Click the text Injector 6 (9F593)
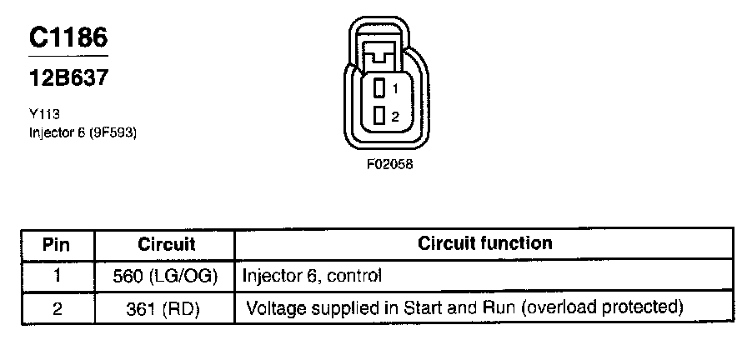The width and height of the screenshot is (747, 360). tap(81, 131)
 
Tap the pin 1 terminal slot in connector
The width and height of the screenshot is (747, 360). tap(379, 87)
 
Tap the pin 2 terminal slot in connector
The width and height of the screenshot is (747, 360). tap(379, 116)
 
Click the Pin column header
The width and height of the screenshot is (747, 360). tap(56, 245)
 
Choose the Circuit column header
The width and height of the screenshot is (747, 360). tap(166, 245)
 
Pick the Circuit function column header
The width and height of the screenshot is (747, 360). tap(484, 244)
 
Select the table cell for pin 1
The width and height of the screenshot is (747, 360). tap(56, 276)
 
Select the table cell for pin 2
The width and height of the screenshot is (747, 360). tap(56, 308)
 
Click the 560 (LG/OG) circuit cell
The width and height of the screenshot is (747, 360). tap(166, 276)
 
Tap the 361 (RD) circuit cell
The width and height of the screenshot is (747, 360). tap(166, 308)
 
